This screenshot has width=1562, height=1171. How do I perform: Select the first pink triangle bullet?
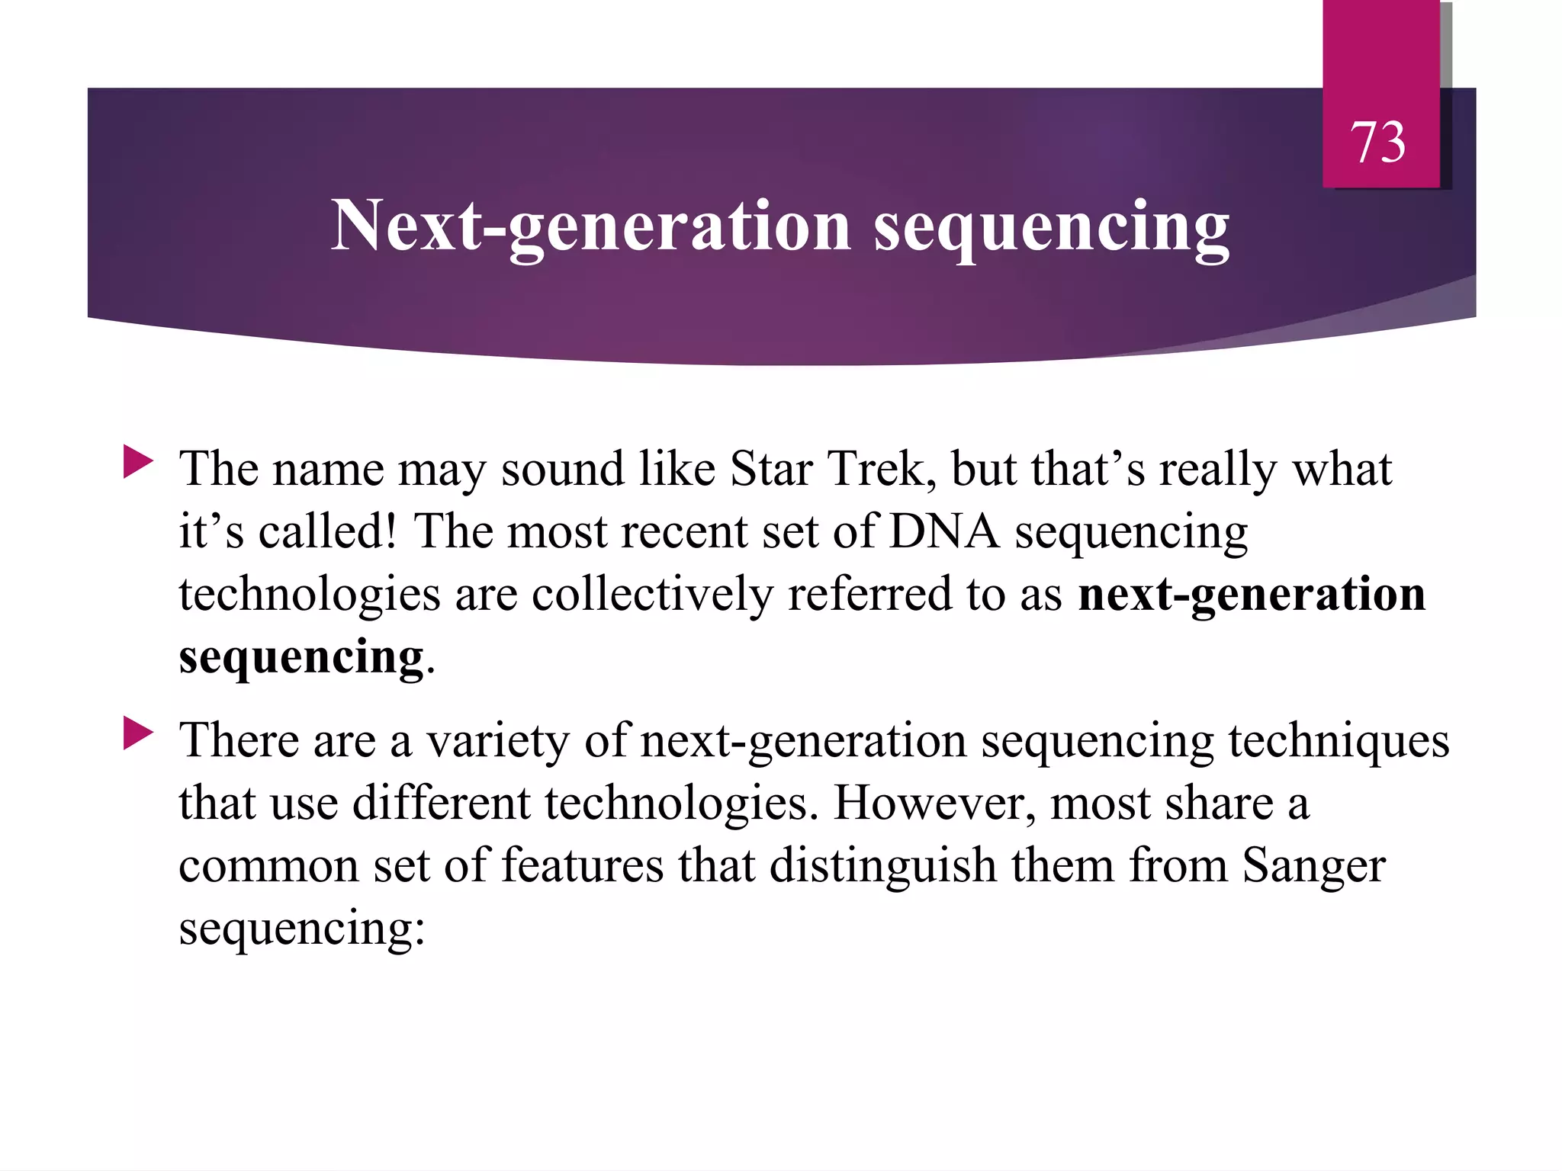[138, 463]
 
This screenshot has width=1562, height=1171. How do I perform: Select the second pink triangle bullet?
[138, 734]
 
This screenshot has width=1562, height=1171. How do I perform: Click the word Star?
[770, 468]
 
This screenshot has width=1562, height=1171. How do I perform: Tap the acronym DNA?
[943, 531]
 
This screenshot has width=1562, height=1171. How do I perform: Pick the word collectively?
[652, 594]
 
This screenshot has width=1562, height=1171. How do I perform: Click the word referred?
[869, 594]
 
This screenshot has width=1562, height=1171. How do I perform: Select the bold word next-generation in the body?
[1251, 594]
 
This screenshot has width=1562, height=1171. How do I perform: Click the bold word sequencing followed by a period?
[301, 657]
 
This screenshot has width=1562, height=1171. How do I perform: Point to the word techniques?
[1339, 741]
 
